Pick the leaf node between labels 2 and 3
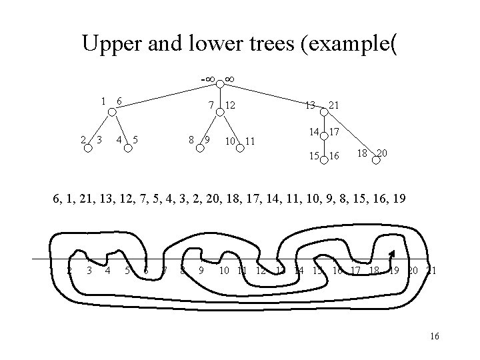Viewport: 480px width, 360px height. (88, 148)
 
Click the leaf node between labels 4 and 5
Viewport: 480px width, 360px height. (127, 148)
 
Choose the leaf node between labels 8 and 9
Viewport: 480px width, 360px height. (199, 148)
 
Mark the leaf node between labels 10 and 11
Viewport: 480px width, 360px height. (240, 149)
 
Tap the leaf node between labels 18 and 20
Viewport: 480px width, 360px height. (371, 161)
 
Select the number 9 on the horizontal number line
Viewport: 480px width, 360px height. (201, 270)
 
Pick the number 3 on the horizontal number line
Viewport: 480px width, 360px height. (89, 270)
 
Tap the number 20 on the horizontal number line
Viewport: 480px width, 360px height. (413, 270)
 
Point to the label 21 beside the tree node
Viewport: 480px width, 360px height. (336, 105)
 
